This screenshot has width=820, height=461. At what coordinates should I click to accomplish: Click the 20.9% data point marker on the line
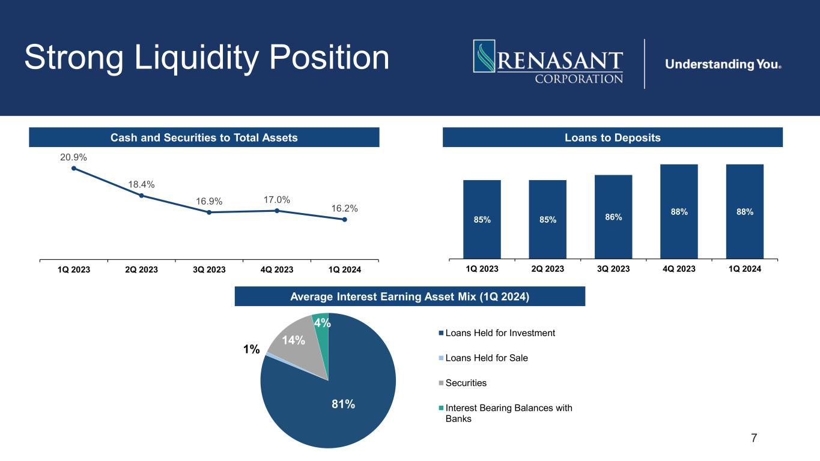74,168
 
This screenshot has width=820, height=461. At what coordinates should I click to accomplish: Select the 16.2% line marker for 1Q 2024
345,220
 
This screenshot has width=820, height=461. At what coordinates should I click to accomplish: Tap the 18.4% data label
142,184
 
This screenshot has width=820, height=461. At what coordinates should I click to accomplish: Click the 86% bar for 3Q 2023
613,216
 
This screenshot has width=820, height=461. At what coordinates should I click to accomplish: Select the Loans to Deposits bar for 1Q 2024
744,211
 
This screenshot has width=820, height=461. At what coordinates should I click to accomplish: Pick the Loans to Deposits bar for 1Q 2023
482,219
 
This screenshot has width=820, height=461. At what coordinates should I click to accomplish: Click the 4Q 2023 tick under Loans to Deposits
679,269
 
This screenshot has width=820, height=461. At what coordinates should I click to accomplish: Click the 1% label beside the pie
252,349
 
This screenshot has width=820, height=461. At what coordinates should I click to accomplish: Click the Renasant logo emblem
484,60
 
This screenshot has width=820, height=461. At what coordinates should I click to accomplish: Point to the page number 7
754,438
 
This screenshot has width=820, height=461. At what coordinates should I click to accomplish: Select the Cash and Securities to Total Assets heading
204,137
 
